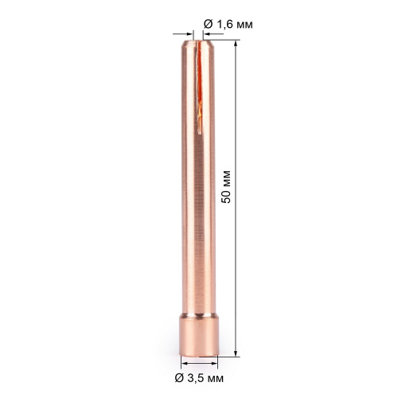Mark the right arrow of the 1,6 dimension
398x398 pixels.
[200, 33]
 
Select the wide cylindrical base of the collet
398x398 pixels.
[198, 335]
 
